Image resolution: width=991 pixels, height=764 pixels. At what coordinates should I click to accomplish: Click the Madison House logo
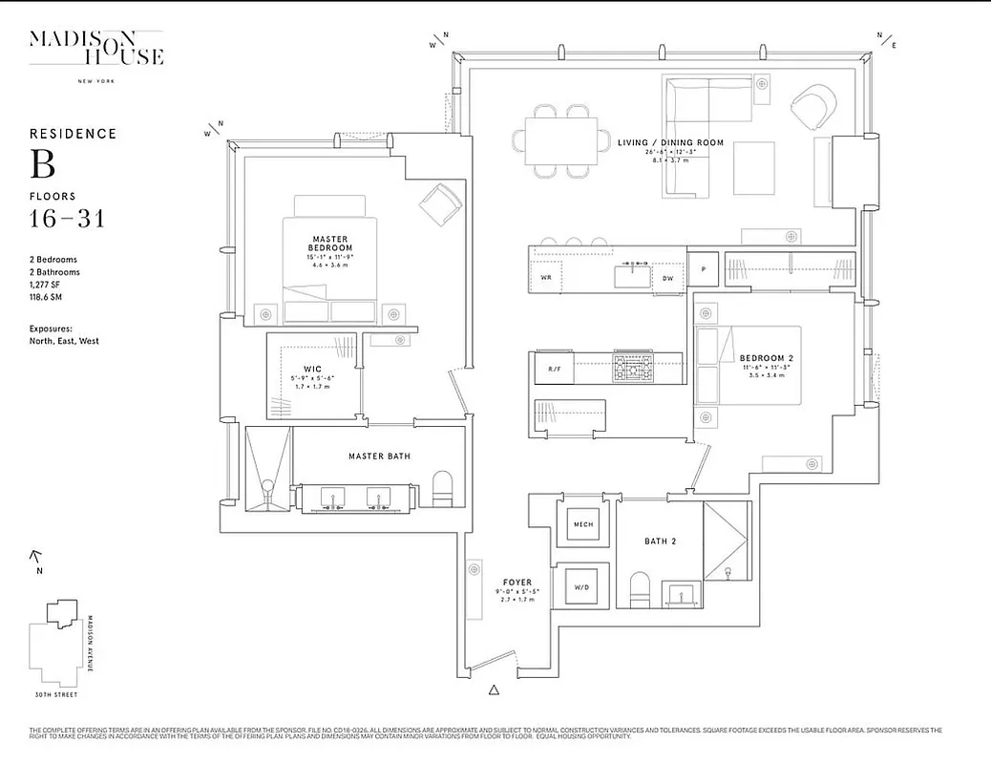[x=96, y=51]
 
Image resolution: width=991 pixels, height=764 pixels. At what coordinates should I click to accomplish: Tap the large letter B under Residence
[x=43, y=164]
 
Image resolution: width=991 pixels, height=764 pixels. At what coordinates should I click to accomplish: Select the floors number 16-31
[x=67, y=220]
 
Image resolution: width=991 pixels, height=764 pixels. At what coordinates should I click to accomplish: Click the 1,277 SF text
[x=48, y=285]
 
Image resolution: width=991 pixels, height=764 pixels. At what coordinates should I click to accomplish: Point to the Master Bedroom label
[x=329, y=244]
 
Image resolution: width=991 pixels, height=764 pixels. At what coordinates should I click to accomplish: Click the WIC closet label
[x=311, y=369]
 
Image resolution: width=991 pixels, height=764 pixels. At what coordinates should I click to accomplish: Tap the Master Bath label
[x=379, y=456]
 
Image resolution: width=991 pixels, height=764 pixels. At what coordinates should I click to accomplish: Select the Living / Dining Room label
[x=670, y=143]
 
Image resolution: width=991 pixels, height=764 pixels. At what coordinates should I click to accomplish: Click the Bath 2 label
[x=660, y=541]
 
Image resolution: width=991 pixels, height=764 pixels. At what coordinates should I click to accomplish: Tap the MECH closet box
[x=582, y=525]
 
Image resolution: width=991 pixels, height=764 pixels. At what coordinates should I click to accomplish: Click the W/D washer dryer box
[x=582, y=585]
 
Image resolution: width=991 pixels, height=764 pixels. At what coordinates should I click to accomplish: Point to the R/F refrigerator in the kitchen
[x=555, y=369]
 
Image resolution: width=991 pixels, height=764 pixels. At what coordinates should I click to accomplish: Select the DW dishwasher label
[x=669, y=279]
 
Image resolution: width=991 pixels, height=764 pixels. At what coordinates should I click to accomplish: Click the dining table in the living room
[x=561, y=140]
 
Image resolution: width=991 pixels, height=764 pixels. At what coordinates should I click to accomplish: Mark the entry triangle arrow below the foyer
[x=494, y=689]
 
